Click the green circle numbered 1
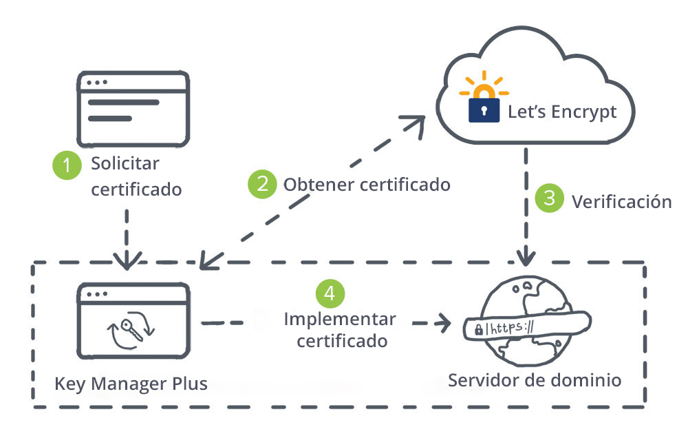click(x=67, y=165)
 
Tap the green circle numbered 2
click(x=262, y=184)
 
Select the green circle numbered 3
click(x=549, y=199)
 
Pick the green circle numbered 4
click(x=330, y=293)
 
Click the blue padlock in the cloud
click(x=484, y=109)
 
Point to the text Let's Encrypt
click(x=562, y=112)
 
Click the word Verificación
click(x=621, y=201)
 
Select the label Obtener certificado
click(x=367, y=185)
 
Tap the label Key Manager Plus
click(x=131, y=383)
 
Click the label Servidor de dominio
click(x=535, y=380)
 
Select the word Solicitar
click(x=125, y=165)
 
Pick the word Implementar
click(x=340, y=320)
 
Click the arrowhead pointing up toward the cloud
click(x=416, y=122)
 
